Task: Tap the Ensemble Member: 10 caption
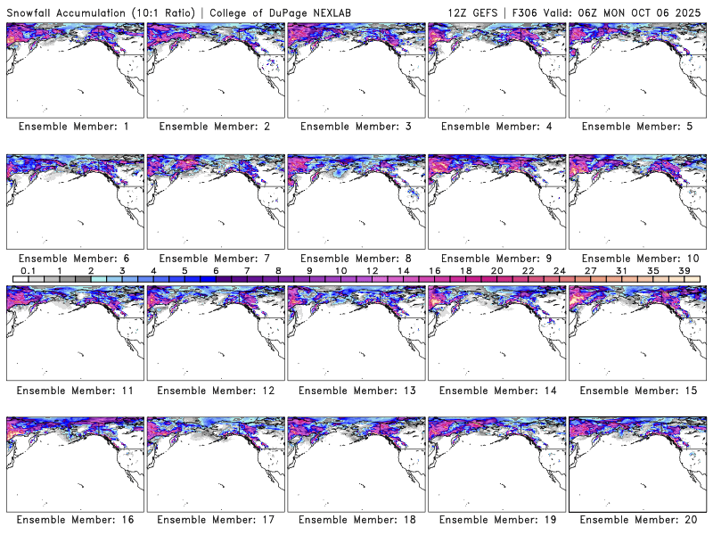click(636, 258)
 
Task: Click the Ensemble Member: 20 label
click(636, 520)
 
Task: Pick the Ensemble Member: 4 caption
click(496, 127)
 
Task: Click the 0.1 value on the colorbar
click(28, 270)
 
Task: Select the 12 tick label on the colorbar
click(372, 270)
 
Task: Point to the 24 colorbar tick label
click(559, 270)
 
